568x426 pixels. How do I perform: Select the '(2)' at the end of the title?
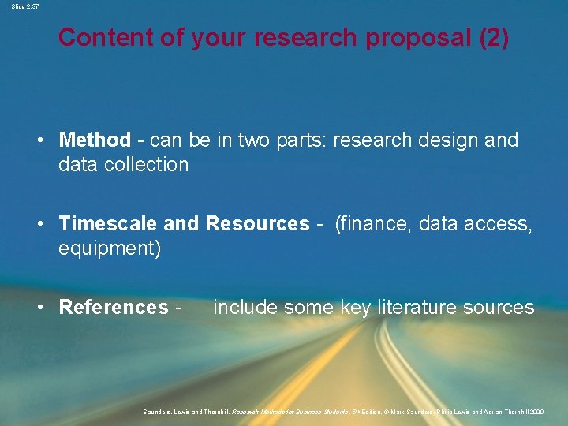494,37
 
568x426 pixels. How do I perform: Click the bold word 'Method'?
95,140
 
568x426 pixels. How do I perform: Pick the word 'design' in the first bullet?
444,140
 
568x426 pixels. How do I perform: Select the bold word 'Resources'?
257,224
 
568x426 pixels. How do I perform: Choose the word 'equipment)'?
110,248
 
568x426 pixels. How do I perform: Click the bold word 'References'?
114,307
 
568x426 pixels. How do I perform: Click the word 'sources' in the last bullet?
500,307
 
